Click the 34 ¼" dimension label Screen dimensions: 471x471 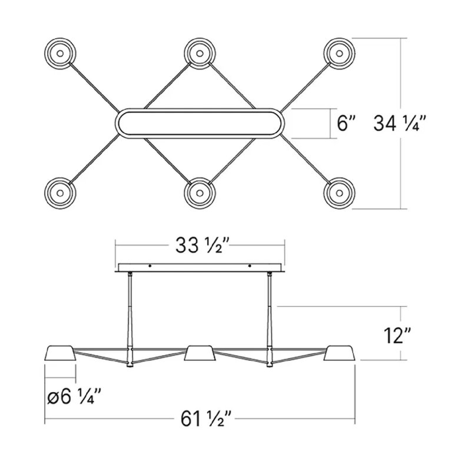(399, 124)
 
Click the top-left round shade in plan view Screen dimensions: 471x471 (59, 54)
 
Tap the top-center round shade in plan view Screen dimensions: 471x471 (200, 54)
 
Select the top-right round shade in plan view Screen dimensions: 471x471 (340, 54)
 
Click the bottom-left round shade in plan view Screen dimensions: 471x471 (59, 193)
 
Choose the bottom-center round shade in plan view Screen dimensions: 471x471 (200, 193)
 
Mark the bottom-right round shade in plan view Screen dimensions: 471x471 (340, 193)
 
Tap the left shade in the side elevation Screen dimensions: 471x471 (61, 353)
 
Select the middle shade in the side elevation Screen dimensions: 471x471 (200, 353)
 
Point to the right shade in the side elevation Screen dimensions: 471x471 (340, 353)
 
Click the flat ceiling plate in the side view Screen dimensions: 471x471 (200, 268)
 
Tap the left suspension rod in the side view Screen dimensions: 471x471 (130, 312)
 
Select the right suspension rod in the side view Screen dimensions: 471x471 (270, 312)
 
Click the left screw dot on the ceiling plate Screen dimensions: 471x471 (150, 267)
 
